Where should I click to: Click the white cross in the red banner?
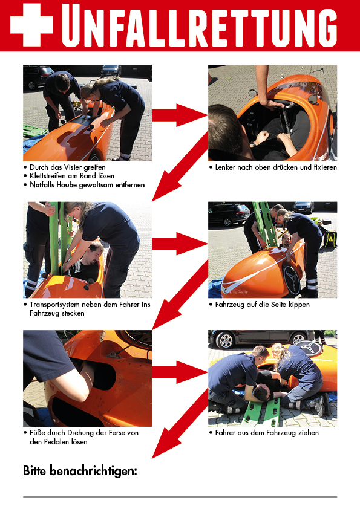tap(31, 25)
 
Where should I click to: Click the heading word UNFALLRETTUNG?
tap(199, 25)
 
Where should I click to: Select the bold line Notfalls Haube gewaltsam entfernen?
tap(87, 185)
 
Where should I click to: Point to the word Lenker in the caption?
tap(225, 167)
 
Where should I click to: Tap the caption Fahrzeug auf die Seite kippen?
tap(262, 305)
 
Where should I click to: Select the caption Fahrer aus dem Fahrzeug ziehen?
tap(267, 433)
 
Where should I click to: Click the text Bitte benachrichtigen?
tap(80, 471)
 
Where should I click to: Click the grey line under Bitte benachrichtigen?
tap(180, 497)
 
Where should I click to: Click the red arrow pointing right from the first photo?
tap(180, 115)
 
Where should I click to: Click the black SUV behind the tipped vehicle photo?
tap(229, 213)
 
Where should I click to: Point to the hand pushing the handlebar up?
tap(272, 104)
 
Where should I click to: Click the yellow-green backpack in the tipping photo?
tap(330, 239)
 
